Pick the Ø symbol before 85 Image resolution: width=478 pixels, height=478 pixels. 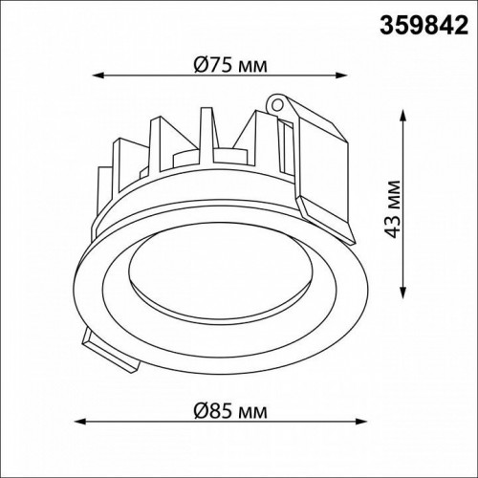[200, 410]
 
